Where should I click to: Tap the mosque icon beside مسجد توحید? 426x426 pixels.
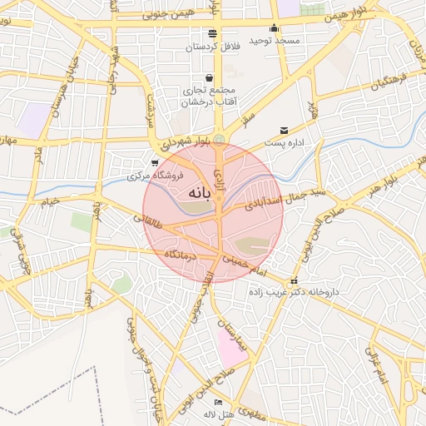click(275, 28)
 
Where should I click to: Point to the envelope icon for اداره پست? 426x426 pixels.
click(285, 131)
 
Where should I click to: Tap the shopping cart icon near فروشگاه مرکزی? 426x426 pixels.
click(155, 163)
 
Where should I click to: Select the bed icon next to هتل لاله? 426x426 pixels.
click(219, 403)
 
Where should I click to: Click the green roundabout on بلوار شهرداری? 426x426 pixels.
click(219, 139)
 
